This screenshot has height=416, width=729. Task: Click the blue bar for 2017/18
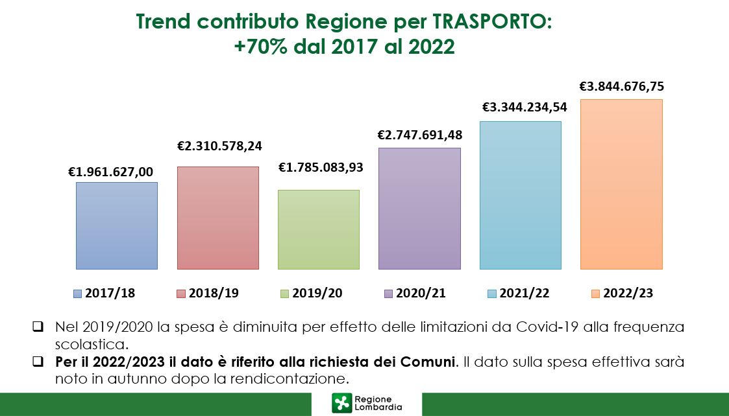[x=117, y=225]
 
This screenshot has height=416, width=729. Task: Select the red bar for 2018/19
[x=218, y=218]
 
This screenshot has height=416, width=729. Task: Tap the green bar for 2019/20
[x=319, y=229]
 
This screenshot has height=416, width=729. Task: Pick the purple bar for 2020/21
[x=419, y=208]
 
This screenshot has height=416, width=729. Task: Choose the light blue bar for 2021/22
[x=520, y=195]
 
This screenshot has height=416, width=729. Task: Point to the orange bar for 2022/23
[x=621, y=184]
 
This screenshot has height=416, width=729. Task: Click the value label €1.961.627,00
[x=111, y=172]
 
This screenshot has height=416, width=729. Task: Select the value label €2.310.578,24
[x=219, y=146]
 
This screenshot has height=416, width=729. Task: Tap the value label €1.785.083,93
[x=321, y=167]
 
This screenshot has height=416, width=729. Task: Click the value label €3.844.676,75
[x=622, y=86]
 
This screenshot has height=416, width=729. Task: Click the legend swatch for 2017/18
[x=78, y=294]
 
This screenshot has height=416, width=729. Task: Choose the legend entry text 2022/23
[x=628, y=294]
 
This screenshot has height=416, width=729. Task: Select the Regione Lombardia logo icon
[x=341, y=402]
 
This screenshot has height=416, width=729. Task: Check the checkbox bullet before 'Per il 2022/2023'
[x=38, y=360]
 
